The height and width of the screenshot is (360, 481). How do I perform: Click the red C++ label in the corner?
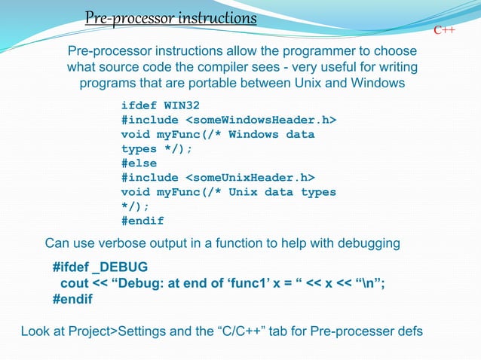pos(444,29)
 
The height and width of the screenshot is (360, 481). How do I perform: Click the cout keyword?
pos(75,283)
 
